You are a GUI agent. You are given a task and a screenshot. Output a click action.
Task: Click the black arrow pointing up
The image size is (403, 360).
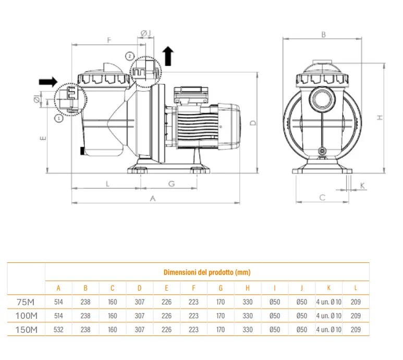168,55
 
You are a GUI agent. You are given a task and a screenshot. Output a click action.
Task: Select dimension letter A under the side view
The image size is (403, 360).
153,198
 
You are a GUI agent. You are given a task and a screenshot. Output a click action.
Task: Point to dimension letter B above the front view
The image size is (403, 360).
323,34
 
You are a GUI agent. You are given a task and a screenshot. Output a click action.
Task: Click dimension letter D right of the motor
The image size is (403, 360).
252,123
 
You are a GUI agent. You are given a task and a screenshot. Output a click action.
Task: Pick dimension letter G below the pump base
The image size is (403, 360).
171,184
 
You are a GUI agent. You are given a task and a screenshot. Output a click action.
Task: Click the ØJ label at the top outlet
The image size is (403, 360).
146,33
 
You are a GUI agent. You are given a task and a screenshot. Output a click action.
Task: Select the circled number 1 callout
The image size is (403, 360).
58,118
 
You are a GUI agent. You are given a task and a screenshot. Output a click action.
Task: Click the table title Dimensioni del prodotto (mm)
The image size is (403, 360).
207,272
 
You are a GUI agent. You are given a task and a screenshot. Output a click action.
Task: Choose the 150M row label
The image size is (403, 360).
26,329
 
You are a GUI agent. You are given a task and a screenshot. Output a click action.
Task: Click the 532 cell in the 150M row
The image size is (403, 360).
58,329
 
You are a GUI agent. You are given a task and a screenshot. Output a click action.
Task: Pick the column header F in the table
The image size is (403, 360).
193,287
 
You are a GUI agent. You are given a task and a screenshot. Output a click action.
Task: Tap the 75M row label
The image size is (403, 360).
26,302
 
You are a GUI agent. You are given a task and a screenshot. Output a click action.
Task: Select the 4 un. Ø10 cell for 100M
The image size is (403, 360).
328,316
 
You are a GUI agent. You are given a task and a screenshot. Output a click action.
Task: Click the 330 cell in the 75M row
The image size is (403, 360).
248,302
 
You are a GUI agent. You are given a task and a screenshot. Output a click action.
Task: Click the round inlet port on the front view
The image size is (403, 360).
320,99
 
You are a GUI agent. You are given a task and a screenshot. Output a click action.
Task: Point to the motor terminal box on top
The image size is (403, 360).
191,93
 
